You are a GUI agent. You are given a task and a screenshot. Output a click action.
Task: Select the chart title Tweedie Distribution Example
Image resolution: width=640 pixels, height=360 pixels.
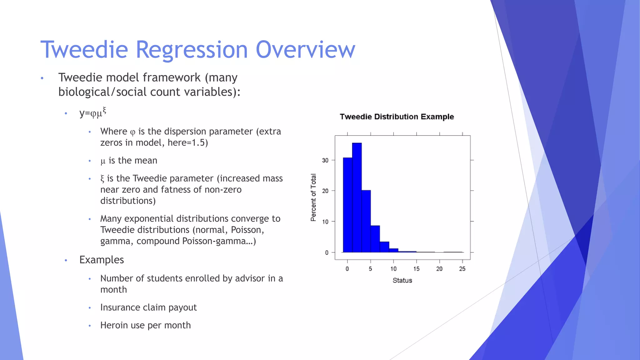click(x=397, y=117)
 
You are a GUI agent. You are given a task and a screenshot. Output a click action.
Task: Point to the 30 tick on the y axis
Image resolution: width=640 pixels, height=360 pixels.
click(x=325, y=160)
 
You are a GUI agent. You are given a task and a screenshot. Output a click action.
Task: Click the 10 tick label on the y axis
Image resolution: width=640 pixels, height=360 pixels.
click(x=325, y=222)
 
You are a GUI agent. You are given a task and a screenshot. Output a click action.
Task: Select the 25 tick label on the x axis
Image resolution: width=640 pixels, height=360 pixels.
click(x=462, y=269)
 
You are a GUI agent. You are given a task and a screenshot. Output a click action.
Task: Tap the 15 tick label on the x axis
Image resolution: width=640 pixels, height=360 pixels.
click(x=416, y=269)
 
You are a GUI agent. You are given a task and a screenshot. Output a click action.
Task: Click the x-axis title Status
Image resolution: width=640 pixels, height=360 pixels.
click(x=402, y=280)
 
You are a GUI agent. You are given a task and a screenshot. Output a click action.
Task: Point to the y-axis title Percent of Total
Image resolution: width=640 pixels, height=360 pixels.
click(x=313, y=197)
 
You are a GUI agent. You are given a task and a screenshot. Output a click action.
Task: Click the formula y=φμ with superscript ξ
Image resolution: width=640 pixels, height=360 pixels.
click(x=92, y=112)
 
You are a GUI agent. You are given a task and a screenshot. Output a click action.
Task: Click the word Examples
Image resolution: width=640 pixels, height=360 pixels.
click(x=102, y=260)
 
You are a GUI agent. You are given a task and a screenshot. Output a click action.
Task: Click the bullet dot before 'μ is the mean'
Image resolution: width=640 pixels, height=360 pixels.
click(x=90, y=161)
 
